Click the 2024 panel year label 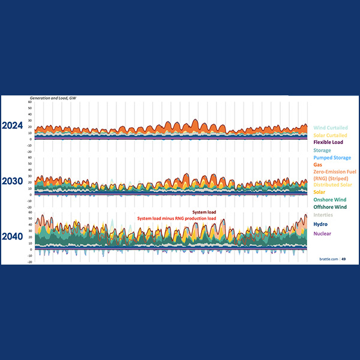coord(13,126)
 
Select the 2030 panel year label coord(13,181)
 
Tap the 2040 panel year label coord(13,236)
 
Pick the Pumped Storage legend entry coord(332,157)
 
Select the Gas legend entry coord(319,164)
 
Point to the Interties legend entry coord(323,215)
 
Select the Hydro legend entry coord(320,224)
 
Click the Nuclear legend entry coord(322,233)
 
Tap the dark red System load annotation coord(204,212)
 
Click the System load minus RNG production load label coord(176,218)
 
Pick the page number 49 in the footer coord(344,259)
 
